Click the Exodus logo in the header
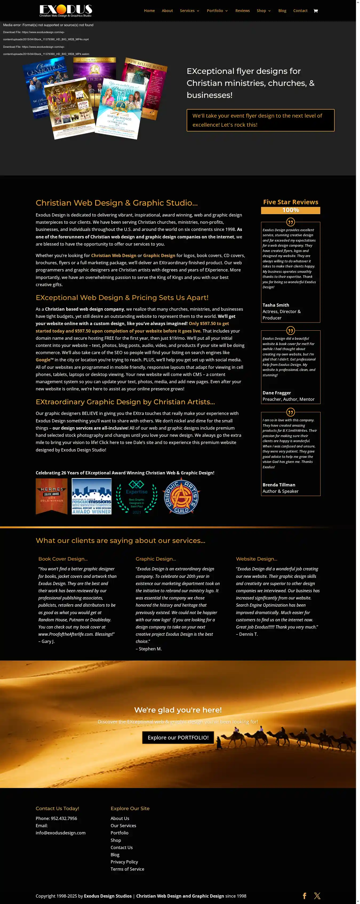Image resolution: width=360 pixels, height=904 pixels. pyautogui.click(x=66, y=10)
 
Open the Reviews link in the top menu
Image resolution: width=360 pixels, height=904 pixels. pyautogui.click(x=242, y=10)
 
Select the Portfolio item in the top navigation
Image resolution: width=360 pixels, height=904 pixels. pyautogui.click(x=215, y=10)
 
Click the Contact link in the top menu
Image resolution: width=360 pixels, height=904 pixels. pyautogui.click(x=300, y=10)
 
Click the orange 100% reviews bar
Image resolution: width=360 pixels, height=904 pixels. pyautogui.click(x=290, y=210)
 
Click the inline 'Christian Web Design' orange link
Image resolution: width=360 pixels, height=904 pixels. pyautogui.click(x=114, y=255)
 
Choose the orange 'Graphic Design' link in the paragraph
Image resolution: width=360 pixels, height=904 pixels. pyautogui.click(x=159, y=255)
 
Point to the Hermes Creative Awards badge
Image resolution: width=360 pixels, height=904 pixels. pyautogui.click(x=51, y=496)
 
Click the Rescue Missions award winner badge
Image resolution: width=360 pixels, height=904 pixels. pyautogui.click(x=91, y=496)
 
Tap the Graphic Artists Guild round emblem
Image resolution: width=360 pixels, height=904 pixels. pyautogui.click(x=181, y=497)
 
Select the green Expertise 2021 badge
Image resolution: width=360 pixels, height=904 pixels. pyautogui.click(x=137, y=497)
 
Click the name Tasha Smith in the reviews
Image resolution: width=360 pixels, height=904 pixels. pyautogui.click(x=276, y=305)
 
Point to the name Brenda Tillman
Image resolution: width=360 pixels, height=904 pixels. pyautogui.click(x=279, y=485)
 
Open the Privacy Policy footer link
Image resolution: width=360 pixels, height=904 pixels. pyautogui.click(x=124, y=862)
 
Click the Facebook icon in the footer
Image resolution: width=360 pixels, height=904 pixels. pyautogui.click(x=304, y=895)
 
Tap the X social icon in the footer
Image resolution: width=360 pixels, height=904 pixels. pyautogui.click(x=317, y=895)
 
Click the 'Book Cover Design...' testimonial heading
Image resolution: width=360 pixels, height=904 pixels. pyautogui.click(x=63, y=559)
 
